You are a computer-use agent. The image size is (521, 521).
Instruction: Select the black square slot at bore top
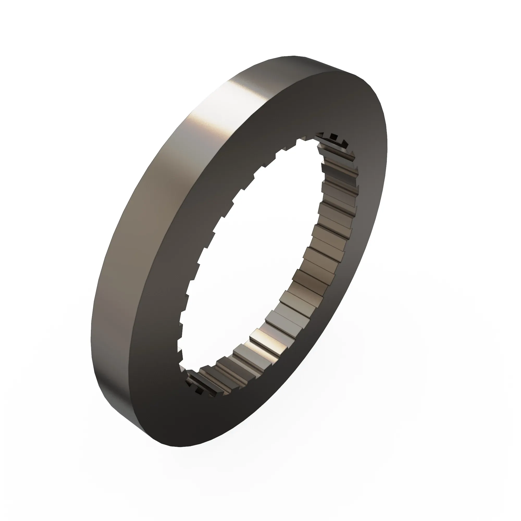(334, 136)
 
